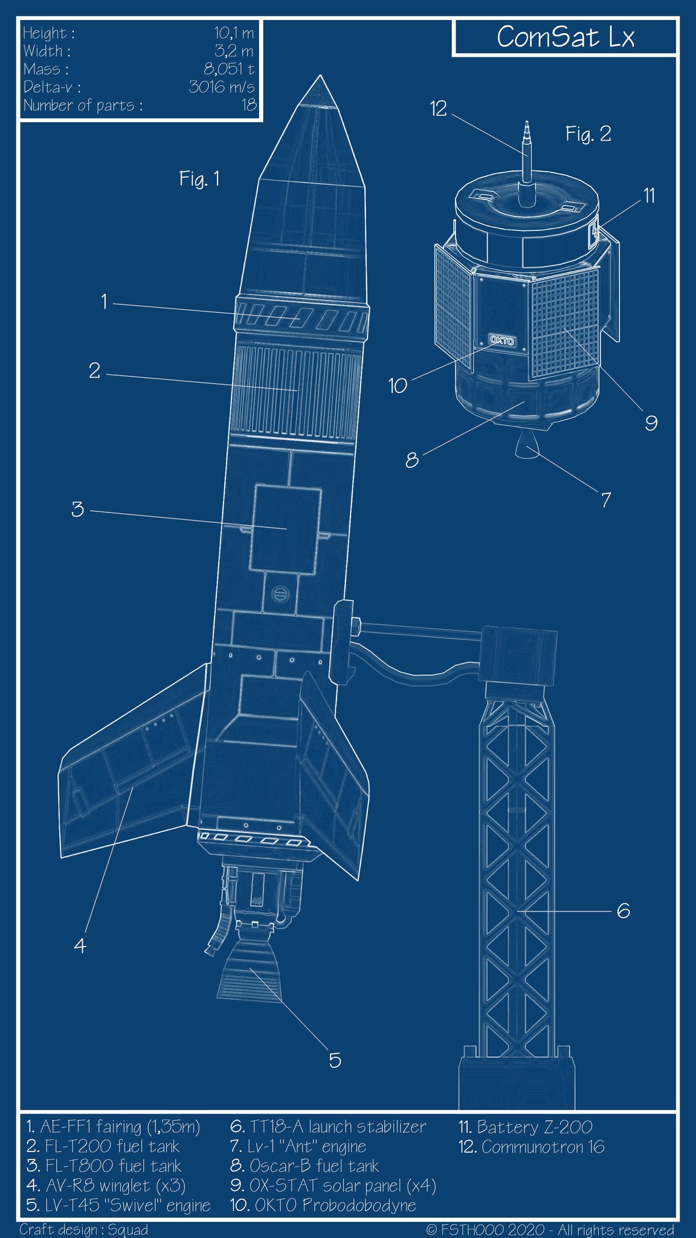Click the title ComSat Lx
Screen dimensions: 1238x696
click(565, 37)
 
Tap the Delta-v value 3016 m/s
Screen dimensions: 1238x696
click(221, 87)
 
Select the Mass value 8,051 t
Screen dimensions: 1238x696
click(228, 69)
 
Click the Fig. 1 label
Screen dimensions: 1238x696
click(199, 179)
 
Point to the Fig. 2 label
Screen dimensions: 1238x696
click(588, 134)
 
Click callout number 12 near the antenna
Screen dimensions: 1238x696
click(438, 109)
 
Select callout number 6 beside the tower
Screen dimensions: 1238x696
click(623, 910)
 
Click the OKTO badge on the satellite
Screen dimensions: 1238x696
click(502, 340)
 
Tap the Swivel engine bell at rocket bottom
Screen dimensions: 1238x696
click(248, 974)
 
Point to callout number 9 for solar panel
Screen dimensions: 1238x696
click(651, 423)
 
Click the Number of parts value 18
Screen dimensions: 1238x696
click(249, 105)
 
